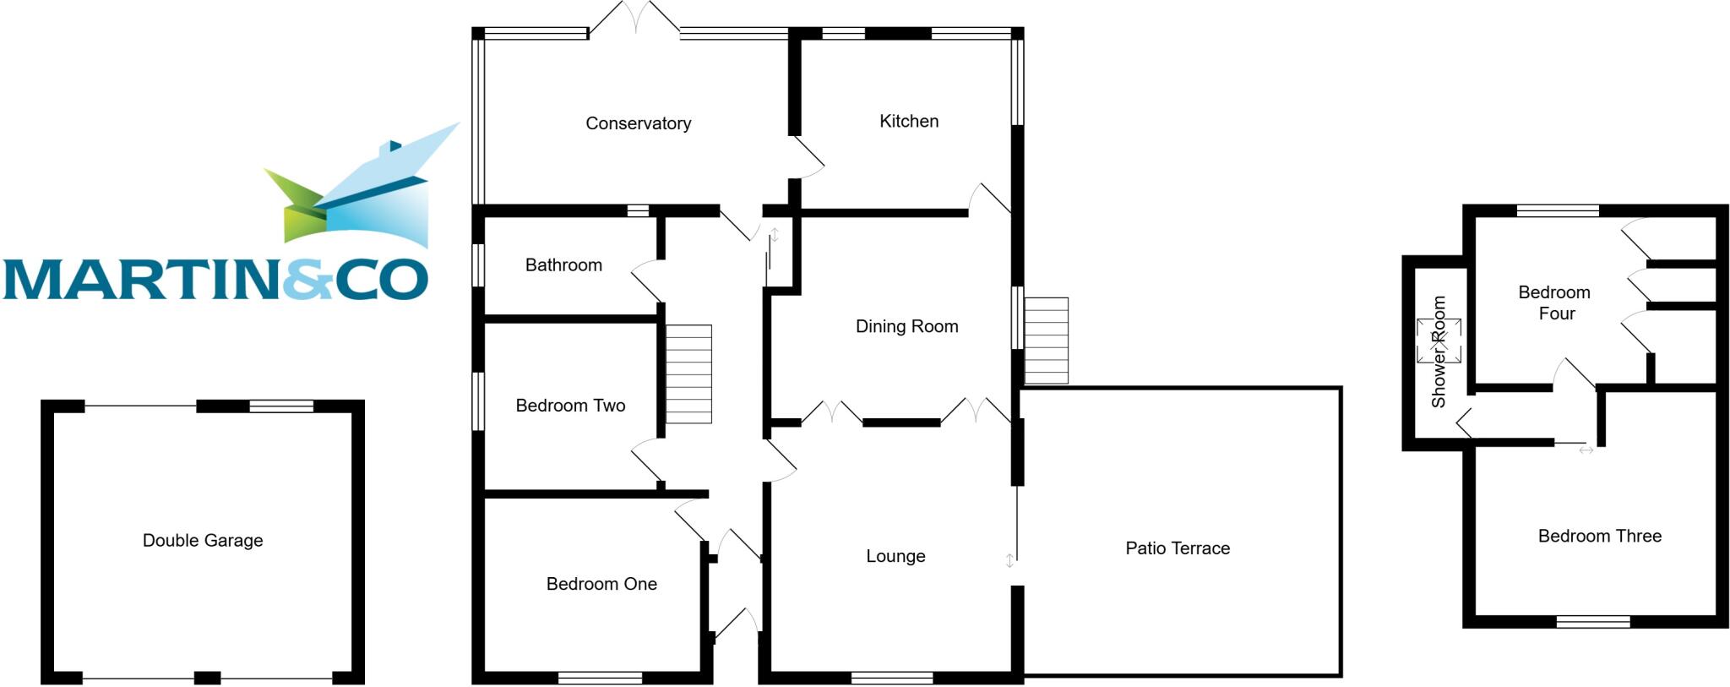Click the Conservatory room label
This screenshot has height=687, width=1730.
coord(638,123)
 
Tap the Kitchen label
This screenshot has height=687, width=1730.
coord(908,121)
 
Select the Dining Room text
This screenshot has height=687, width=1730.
coord(906,326)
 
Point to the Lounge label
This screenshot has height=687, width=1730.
coord(895,556)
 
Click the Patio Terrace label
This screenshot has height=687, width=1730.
coord(1177,548)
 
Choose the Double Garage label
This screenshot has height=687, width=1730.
coord(203,541)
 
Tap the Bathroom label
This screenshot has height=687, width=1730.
coord(563,265)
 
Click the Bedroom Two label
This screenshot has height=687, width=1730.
coord(570,406)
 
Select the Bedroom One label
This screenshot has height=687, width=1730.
coord(601,584)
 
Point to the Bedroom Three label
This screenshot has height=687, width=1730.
coord(1599,536)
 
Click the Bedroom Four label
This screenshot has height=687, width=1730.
coord(1554,303)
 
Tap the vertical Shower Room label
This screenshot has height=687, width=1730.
coord(1439,352)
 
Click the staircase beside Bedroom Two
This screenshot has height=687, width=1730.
coord(688,374)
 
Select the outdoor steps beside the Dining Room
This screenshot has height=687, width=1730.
coord(1046,341)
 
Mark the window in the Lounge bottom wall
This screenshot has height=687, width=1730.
coord(891,678)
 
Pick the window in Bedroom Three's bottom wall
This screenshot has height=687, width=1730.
coord(1593,623)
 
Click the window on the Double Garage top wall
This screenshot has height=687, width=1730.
coord(281,406)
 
